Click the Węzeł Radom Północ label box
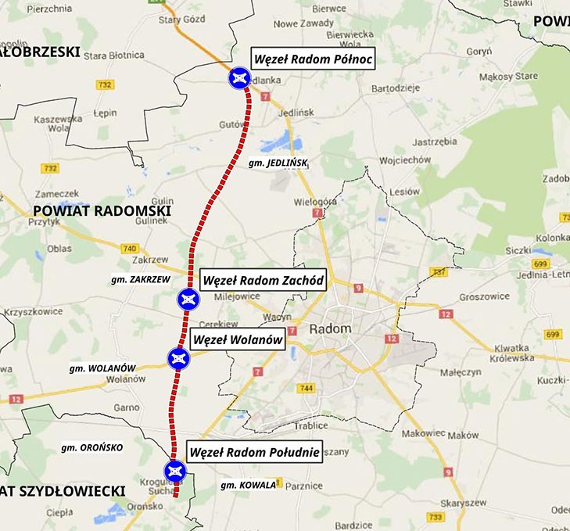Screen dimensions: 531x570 [x=313, y=59]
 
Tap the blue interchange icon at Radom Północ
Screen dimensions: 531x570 [x=239, y=78]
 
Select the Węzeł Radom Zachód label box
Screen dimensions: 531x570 [x=263, y=280]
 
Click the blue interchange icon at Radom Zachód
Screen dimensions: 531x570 [x=188, y=299]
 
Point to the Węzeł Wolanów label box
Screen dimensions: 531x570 [x=237, y=340]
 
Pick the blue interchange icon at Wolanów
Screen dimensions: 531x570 [x=179, y=359]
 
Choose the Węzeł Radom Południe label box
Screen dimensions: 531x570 [x=254, y=452]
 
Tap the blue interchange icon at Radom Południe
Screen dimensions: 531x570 [x=174, y=470]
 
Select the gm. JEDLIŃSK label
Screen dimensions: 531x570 [x=278, y=163]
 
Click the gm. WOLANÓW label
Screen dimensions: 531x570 [x=103, y=368]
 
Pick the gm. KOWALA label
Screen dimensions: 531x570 [x=249, y=485]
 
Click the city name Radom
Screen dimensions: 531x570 [x=330, y=329]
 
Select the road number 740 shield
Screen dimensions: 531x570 [x=130, y=249]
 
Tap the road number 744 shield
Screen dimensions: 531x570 [x=306, y=389]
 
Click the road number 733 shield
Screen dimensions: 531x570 [x=436, y=517]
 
